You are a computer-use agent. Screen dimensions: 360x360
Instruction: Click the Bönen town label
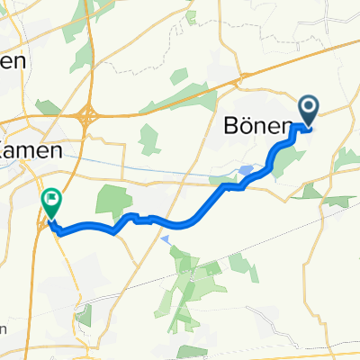click(256, 128)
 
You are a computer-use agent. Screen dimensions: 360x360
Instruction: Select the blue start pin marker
click(308, 112)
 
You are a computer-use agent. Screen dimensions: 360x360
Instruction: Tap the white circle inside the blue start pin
click(308, 109)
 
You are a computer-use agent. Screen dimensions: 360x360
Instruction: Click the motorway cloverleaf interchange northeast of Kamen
click(88, 116)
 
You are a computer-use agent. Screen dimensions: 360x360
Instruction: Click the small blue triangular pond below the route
click(165, 239)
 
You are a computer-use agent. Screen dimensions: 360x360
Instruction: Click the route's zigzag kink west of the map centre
click(133, 217)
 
